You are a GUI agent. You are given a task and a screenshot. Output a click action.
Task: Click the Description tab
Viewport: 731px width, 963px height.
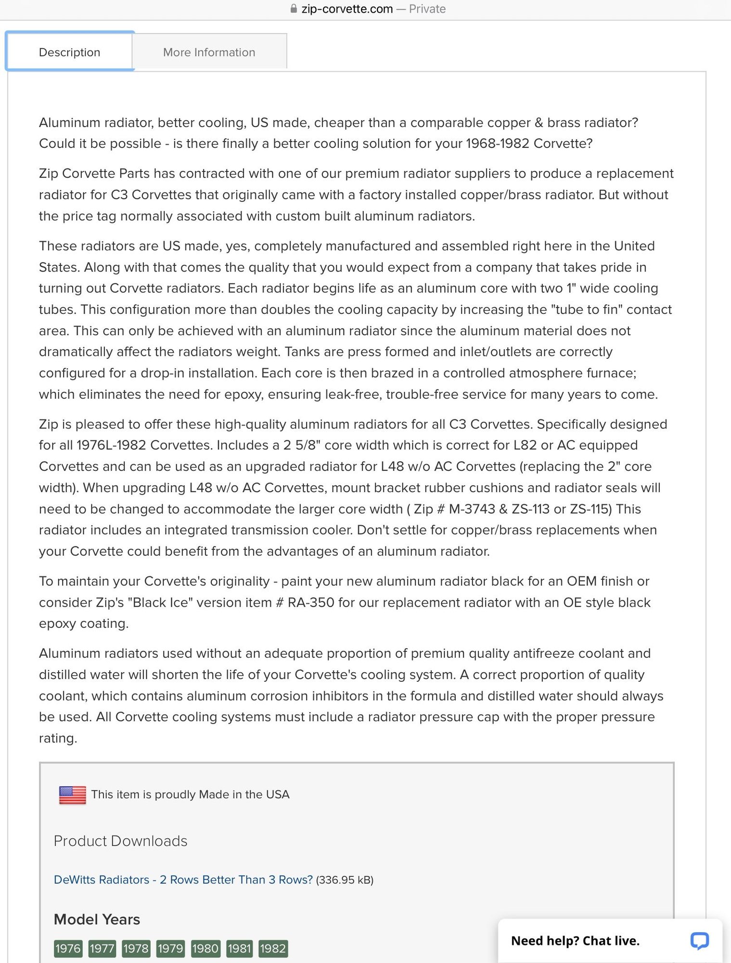coord(70,52)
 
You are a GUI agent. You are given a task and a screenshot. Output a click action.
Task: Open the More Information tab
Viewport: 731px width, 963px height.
coord(209,52)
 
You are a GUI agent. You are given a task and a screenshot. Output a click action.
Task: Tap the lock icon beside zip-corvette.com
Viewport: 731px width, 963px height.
coord(294,9)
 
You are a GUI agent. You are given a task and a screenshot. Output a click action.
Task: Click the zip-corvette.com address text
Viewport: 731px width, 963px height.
coord(347,9)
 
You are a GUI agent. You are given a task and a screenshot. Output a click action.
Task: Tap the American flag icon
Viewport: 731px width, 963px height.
coord(72,794)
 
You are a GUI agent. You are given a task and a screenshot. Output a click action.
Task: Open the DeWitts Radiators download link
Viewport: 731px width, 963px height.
coord(183,880)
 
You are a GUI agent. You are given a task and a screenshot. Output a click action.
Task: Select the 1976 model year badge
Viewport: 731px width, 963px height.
coord(68,948)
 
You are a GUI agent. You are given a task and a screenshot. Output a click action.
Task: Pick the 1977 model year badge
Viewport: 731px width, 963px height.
coord(102,948)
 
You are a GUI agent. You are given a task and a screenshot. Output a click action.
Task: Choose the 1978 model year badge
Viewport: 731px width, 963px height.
coord(136,948)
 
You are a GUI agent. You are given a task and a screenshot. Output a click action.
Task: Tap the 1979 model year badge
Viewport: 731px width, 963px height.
coord(170,948)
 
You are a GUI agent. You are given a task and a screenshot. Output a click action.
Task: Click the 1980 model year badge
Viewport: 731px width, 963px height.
coord(205,948)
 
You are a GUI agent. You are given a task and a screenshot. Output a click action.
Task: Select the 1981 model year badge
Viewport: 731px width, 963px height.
coord(239,948)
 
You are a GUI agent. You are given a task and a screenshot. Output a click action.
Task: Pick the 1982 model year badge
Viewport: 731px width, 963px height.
coord(273,948)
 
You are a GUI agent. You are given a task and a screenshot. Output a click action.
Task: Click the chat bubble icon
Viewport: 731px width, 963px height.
coord(699,940)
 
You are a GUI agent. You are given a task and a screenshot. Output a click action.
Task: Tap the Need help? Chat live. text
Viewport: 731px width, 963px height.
coord(575,941)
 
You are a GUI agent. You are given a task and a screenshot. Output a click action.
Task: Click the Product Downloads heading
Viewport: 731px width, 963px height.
coord(120,841)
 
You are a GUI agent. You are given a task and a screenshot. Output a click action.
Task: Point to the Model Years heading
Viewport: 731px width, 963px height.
coord(97,919)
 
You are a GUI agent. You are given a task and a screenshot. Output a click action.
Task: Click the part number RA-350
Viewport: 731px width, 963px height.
coord(311,602)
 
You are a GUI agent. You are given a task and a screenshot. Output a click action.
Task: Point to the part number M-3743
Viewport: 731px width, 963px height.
coord(472,509)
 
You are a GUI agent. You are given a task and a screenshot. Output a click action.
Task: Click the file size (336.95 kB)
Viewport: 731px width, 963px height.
coord(345,880)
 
